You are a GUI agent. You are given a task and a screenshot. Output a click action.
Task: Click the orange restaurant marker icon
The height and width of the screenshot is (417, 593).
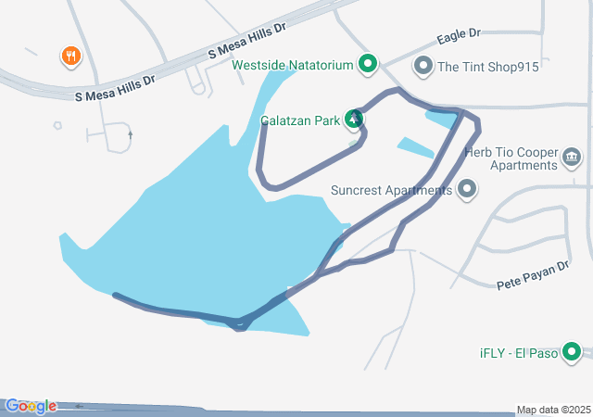pos(71,57)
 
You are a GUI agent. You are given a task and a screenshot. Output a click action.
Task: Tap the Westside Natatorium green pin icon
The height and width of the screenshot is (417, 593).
pos(368,64)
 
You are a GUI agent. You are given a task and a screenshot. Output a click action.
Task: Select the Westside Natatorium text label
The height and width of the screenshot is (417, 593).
pos(293,65)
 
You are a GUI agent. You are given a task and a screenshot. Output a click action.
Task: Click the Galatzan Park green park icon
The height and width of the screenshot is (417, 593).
pos(354,119)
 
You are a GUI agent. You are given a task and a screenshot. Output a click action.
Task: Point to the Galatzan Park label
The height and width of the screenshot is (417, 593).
pos(300,120)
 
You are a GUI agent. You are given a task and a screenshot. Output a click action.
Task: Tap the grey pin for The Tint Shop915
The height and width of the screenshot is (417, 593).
pos(423,66)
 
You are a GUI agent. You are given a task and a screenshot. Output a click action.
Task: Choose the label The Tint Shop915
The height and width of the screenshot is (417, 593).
pos(487,67)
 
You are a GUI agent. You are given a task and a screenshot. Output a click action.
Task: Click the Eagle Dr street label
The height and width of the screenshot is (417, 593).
pos(459,36)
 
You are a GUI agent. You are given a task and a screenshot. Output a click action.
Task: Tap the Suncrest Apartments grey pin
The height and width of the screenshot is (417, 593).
pos(467,190)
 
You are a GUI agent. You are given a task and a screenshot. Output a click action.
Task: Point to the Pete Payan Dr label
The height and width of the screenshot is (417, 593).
pos(532,272)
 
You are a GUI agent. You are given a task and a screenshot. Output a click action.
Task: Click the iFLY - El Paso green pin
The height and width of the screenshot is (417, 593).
pos(572,352)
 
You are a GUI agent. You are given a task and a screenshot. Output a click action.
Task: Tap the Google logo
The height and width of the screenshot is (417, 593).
pos(30,406)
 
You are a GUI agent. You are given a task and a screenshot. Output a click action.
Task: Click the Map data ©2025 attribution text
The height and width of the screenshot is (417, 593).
pos(552,410)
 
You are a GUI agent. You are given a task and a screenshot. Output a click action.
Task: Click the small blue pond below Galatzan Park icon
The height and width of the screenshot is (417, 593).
pos(415,146)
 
